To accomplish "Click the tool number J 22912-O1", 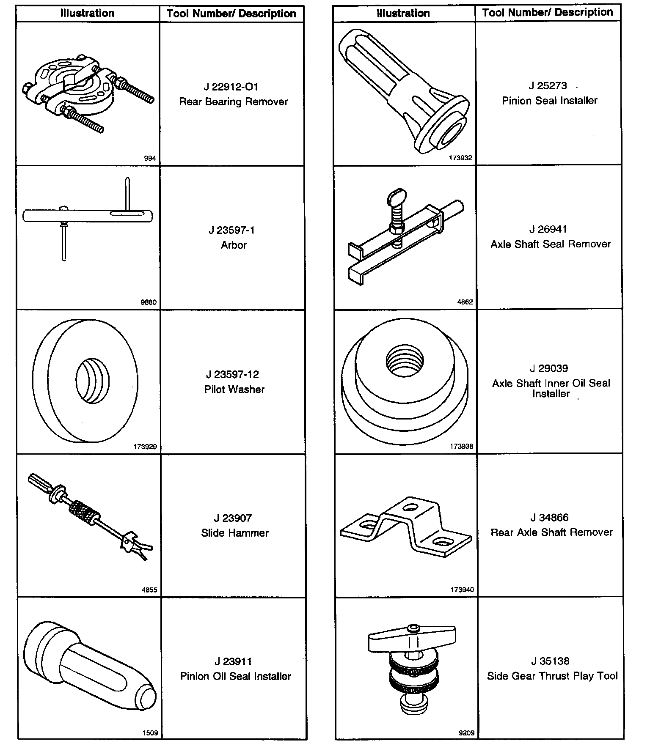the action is coord(231,87).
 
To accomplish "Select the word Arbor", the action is coord(234,245).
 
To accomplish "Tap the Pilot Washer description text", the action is coord(234,389).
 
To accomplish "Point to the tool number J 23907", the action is coord(232,518).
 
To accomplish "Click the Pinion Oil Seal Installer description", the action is coord(235,676).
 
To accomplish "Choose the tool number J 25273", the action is coord(548,86).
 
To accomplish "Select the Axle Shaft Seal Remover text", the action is coord(551,244).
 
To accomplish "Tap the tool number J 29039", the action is coord(549,368).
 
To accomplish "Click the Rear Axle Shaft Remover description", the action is coord(551,532).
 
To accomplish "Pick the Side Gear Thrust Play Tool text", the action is coord(552,676).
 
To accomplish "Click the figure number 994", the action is coord(150,158).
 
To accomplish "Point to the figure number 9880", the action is coord(149,302).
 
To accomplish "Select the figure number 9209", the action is coord(466,733).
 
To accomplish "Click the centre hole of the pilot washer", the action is coord(91,381).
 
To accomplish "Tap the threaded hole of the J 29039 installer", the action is coord(405,360).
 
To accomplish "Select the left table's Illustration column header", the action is coord(87,13).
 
